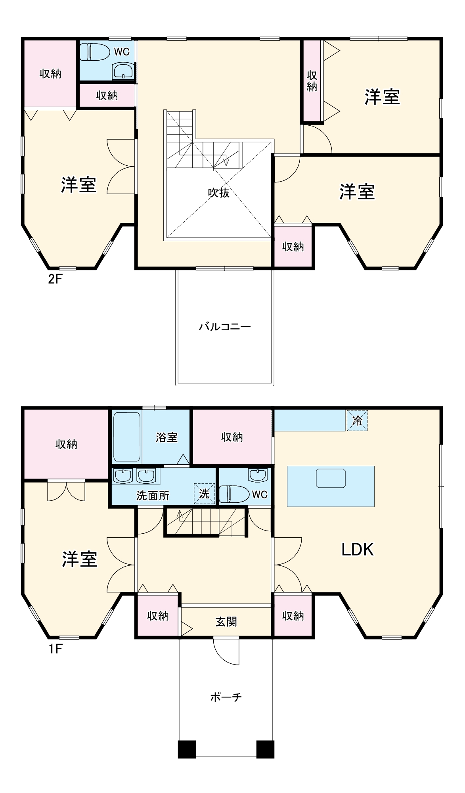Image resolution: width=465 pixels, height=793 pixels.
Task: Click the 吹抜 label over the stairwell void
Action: (x=219, y=193)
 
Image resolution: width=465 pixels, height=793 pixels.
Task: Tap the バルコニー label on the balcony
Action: (x=225, y=327)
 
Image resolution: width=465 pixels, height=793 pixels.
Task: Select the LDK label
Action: (x=358, y=550)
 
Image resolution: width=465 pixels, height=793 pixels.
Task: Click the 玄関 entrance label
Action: (x=226, y=621)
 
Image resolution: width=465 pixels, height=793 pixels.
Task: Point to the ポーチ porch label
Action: (x=226, y=697)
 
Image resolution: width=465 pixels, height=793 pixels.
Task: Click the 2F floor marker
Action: (x=55, y=279)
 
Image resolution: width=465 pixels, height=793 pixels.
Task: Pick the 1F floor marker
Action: (x=55, y=649)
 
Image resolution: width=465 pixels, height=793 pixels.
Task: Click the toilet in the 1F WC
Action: (x=234, y=494)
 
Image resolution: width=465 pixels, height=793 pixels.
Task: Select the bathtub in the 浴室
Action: (x=127, y=437)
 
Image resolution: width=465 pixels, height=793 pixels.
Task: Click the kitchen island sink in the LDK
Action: (x=331, y=478)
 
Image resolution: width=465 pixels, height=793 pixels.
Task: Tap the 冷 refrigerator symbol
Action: (x=357, y=421)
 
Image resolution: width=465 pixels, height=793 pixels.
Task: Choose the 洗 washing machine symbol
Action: (x=204, y=494)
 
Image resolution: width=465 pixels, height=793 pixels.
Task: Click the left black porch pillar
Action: (x=187, y=749)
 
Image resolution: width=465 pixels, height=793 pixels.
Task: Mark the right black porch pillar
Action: (x=265, y=749)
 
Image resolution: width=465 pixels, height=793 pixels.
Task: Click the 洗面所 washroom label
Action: (x=153, y=496)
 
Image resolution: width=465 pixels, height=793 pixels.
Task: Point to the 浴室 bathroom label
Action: (x=166, y=437)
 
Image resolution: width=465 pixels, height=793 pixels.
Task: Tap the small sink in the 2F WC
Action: (x=123, y=71)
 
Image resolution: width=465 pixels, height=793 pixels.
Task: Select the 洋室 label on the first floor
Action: (x=79, y=559)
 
